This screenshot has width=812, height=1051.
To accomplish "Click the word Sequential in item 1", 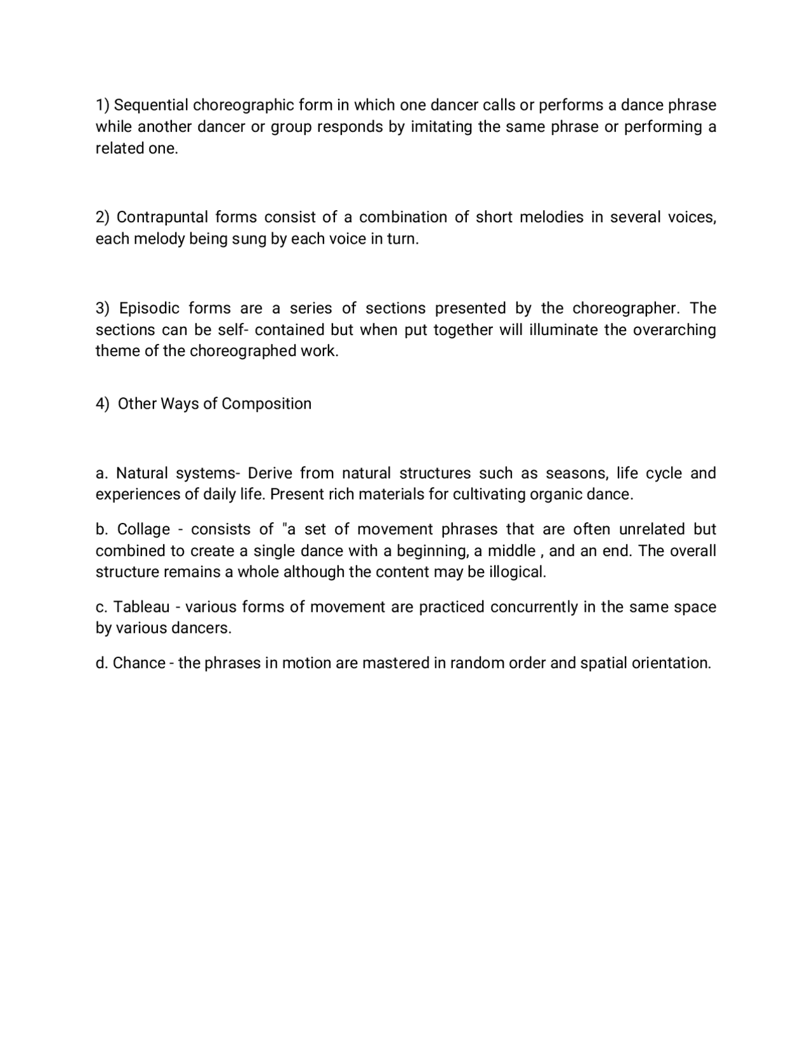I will (150, 105).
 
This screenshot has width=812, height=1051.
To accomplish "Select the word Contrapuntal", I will (162, 218).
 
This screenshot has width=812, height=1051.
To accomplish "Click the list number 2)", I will (103, 218).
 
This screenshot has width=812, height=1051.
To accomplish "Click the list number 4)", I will (103, 404).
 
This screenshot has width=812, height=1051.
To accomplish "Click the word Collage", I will (144, 530).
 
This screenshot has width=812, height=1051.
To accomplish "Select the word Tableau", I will (141, 607).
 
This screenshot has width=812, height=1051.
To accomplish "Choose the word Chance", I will (139, 663).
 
